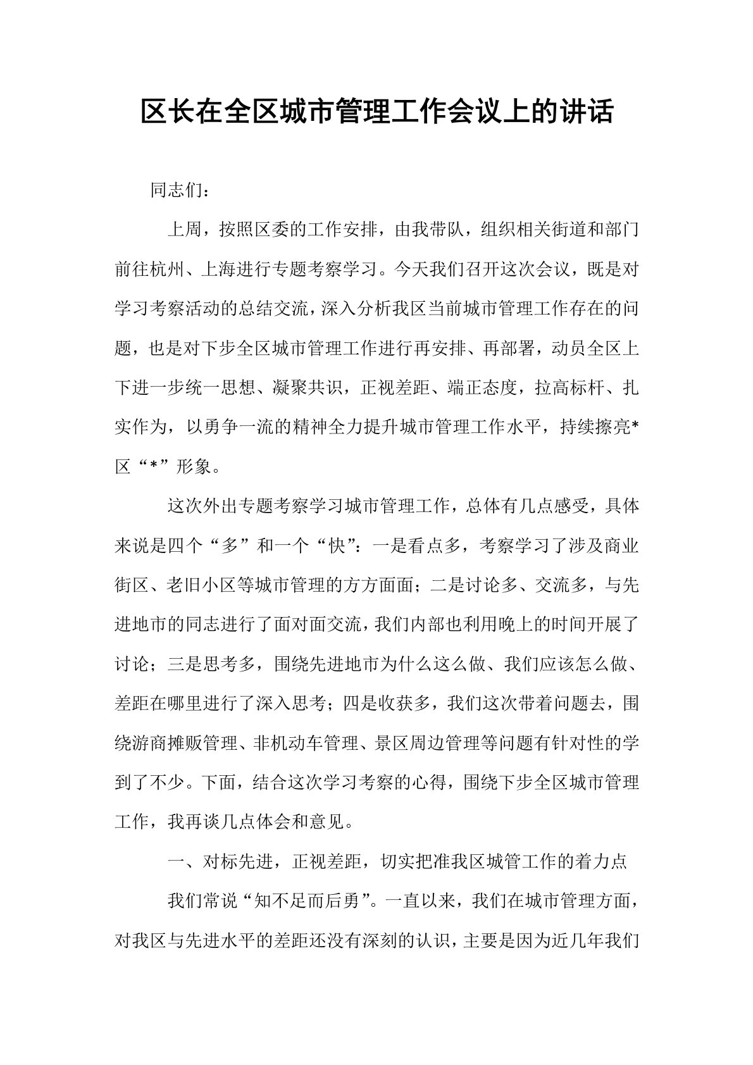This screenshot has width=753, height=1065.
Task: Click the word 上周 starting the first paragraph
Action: click(x=184, y=230)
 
